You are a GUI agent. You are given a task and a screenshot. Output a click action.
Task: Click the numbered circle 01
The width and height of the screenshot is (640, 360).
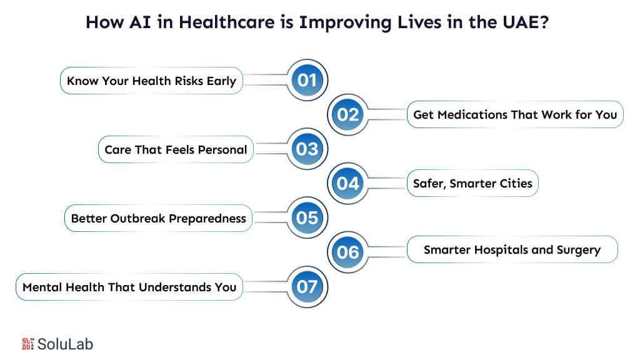(307, 81)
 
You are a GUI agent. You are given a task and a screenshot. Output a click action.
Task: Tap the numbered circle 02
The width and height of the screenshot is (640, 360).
(348, 114)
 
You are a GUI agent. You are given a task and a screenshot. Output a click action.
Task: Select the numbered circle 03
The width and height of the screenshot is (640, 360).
(307, 149)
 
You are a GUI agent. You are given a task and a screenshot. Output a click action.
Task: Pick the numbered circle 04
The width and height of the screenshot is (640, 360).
(348, 183)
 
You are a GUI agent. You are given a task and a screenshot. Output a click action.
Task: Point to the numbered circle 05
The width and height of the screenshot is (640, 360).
(307, 218)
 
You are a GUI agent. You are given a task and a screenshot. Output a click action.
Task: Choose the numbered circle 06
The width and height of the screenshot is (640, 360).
(348, 251)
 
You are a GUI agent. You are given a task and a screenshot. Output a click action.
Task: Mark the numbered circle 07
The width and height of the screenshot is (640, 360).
(307, 287)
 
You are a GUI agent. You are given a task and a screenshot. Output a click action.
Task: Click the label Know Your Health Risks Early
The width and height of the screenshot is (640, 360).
(151, 81)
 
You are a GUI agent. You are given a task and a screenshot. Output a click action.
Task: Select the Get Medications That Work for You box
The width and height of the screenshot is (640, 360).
(515, 114)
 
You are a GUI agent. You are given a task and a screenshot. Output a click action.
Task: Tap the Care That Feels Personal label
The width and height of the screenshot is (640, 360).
(176, 149)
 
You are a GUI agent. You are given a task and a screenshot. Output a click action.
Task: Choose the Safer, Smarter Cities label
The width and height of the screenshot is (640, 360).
(472, 183)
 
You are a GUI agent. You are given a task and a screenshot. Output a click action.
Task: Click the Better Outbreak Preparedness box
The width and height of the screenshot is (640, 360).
(159, 218)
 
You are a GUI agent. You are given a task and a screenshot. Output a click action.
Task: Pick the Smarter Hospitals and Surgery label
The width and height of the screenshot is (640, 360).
(512, 249)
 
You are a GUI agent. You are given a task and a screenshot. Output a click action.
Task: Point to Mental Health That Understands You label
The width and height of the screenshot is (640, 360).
(129, 287)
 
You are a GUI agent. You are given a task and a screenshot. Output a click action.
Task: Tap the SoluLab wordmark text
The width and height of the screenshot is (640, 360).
(66, 343)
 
